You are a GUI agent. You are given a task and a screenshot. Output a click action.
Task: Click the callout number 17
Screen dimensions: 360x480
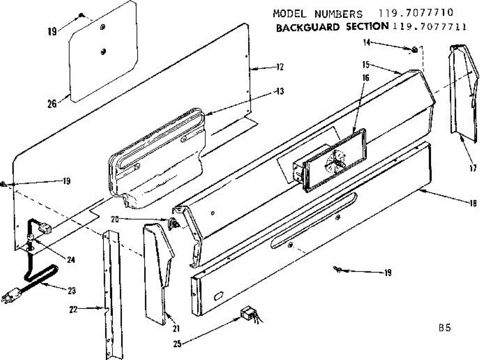473,169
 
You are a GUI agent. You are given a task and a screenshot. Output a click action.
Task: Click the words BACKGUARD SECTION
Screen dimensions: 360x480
332,27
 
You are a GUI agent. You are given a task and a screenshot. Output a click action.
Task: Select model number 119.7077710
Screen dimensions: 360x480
423,13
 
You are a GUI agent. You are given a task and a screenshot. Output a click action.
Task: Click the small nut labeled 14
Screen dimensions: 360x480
415,50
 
